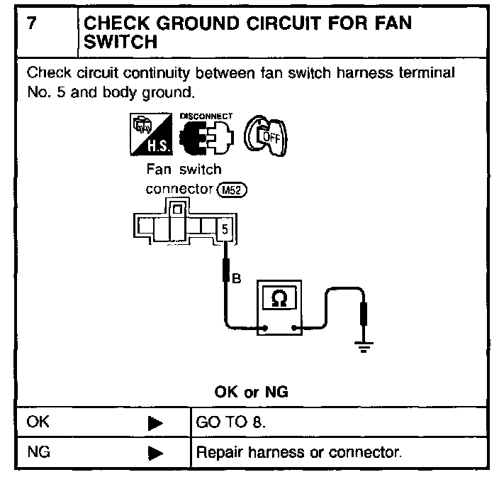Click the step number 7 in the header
pos(31,23)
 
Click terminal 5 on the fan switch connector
pos(225,229)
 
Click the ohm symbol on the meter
pos(280,300)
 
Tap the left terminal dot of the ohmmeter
pos(264,328)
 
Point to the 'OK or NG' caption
pos(251,391)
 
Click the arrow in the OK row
pos(155,422)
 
